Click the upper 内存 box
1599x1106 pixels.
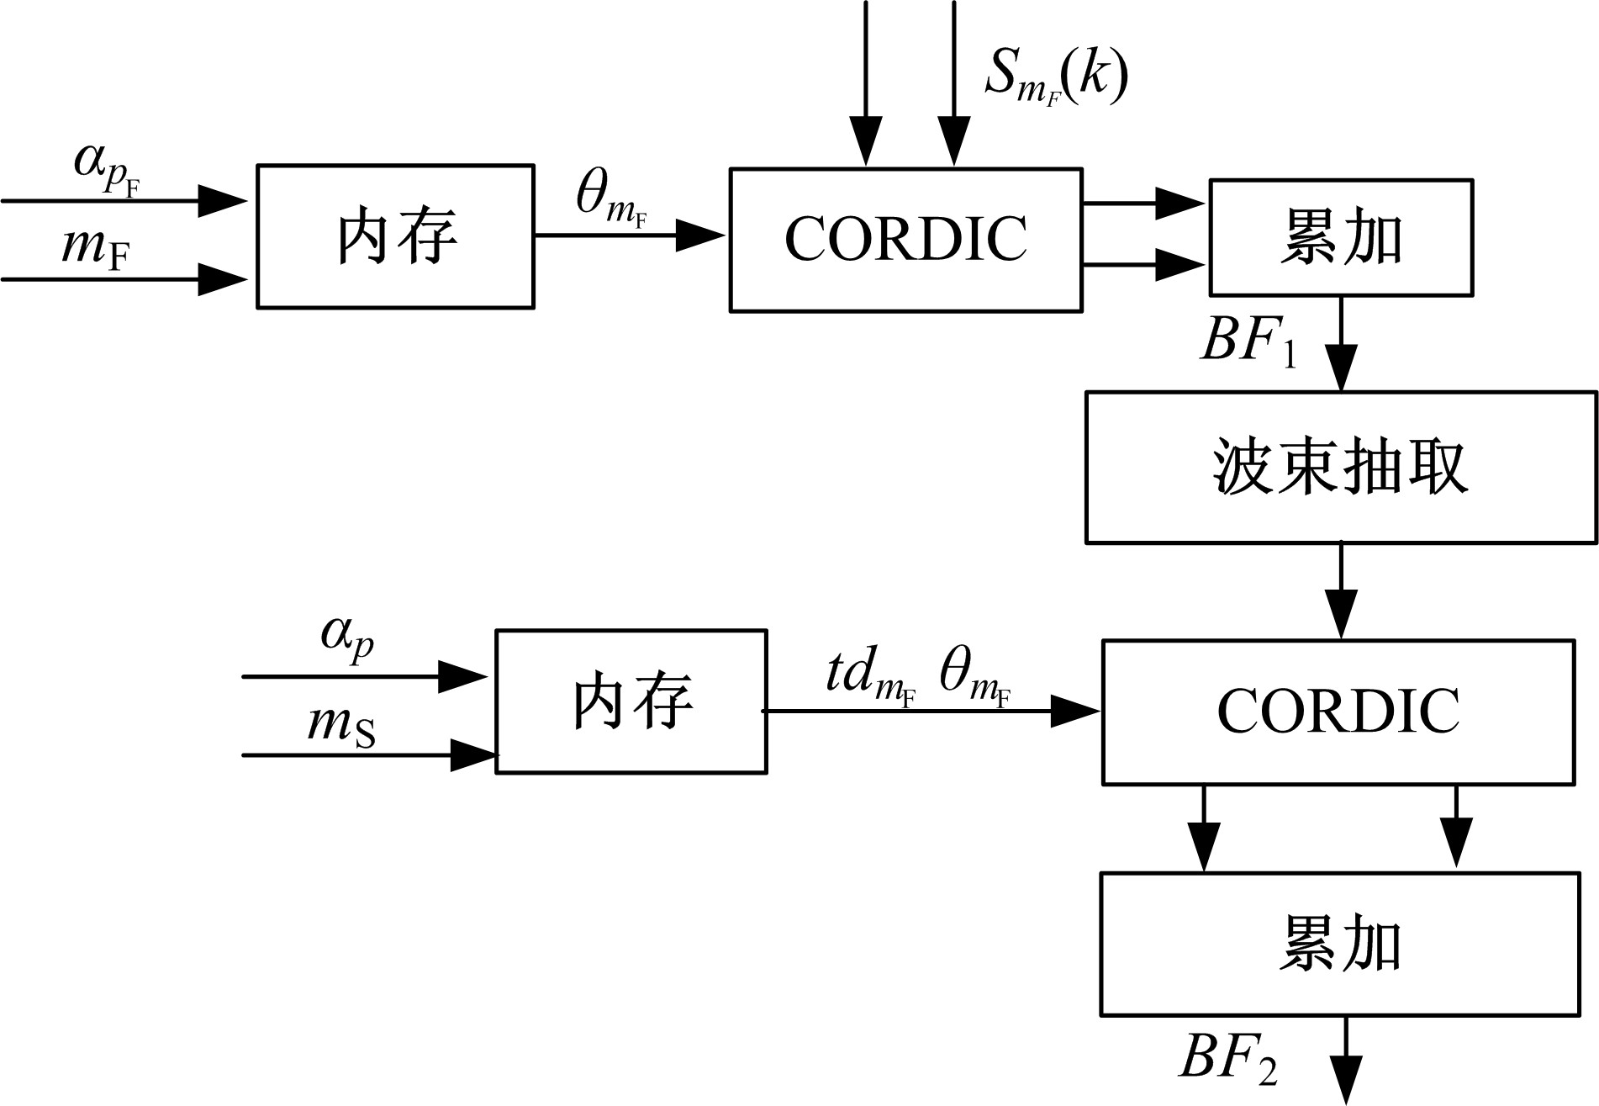tap(395, 236)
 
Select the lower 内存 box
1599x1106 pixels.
tap(631, 701)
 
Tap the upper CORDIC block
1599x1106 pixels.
tap(905, 240)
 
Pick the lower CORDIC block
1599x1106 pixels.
tap(1338, 712)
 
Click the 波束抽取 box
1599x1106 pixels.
tap(1340, 467)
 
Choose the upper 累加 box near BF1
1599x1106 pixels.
tap(1340, 237)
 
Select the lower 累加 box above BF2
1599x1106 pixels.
tap(1340, 944)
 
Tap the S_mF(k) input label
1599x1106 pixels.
tap(1056, 78)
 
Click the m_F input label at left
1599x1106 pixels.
tap(95, 248)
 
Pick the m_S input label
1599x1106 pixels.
tap(340, 725)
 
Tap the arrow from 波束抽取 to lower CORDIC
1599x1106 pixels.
tap(1340, 591)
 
